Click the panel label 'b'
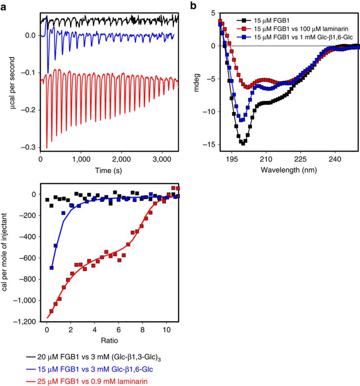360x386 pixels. (x=194, y=5)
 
